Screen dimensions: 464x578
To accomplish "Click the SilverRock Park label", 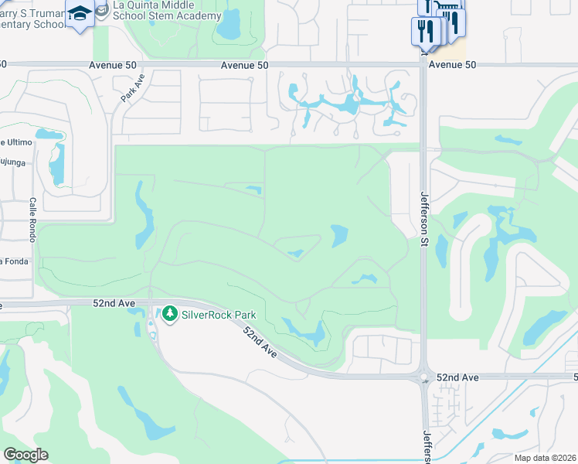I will click(x=219, y=315).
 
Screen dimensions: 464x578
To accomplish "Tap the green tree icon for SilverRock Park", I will click(x=169, y=315).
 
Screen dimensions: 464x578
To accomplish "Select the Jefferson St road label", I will click(x=424, y=219).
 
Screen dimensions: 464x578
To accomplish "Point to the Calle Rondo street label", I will click(x=33, y=219).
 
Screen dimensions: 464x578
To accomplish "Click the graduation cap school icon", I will click(x=80, y=13).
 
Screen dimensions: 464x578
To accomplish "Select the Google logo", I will click(x=25, y=455).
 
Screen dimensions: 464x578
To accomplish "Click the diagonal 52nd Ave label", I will click(x=260, y=341).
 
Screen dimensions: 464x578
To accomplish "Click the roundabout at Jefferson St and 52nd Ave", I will click(x=423, y=378).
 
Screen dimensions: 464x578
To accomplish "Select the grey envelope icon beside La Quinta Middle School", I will click(x=102, y=9).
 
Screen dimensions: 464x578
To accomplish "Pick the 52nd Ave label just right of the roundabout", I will click(x=457, y=377).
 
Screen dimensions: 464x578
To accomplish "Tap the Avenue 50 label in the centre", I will click(x=244, y=66).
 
